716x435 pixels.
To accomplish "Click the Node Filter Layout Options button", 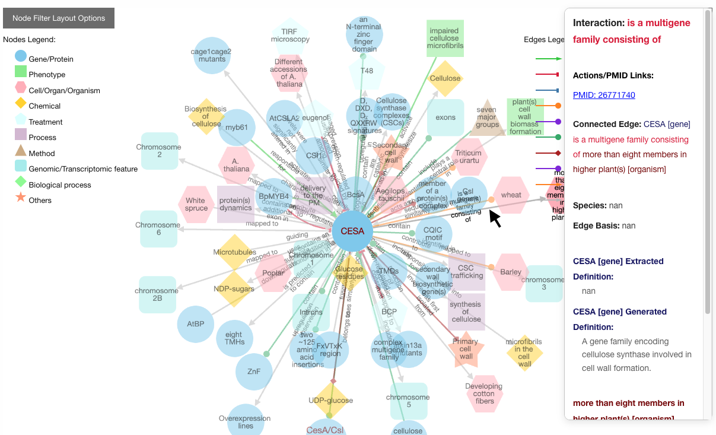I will point(59,18).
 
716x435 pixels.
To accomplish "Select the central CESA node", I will point(352,231).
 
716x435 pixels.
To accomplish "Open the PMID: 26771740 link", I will point(604,95).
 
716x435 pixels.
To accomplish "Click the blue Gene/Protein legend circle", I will point(21,56).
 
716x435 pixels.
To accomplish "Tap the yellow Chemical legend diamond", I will point(21,103).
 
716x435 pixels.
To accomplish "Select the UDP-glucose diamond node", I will point(330,400).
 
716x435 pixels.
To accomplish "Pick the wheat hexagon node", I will point(511,195).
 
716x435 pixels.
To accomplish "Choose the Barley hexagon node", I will point(510,272).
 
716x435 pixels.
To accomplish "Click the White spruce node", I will point(196,204).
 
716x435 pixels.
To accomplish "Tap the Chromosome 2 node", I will point(160,151).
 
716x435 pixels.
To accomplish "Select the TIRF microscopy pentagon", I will point(290,35).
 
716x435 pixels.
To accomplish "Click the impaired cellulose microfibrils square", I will point(445,38).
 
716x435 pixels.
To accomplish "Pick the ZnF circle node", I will point(254,372).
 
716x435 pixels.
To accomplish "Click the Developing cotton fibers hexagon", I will point(484,393).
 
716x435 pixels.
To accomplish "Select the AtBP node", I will point(196,323).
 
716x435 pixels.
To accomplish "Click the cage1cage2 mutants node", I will point(212,55).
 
